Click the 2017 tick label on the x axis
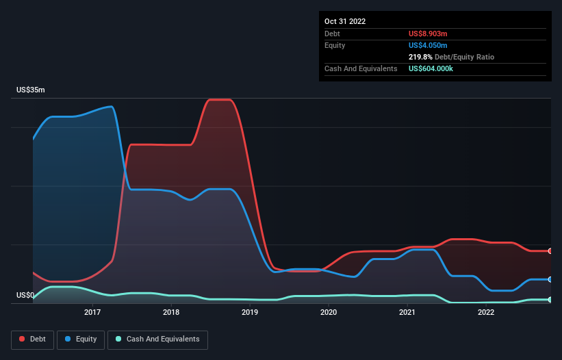pos(92,313)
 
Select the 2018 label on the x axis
pos(171,313)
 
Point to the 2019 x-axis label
pos(250,313)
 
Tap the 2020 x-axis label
pos(329,313)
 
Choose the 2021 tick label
pos(407,313)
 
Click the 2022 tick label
pos(486,313)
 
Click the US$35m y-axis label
pos(30,90)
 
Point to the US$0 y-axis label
pos(25,296)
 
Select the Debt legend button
pos(32,339)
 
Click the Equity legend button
pos(81,339)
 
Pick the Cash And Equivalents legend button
pos(157,339)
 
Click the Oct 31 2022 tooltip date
pos(345,21)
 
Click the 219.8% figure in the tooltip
pos(420,57)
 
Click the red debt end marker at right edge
pos(550,251)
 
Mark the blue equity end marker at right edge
pos(550,279)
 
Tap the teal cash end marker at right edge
pos(550,300)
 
